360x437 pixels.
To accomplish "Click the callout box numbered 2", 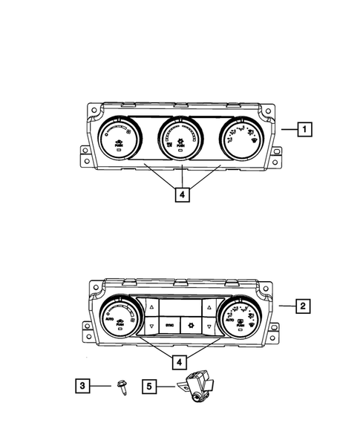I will (302, 305).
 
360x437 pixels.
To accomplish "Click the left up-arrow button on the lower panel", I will (151, 305).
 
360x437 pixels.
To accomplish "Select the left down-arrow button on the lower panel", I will (151, 326).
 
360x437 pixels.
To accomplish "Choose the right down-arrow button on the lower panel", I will (210, 326).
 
